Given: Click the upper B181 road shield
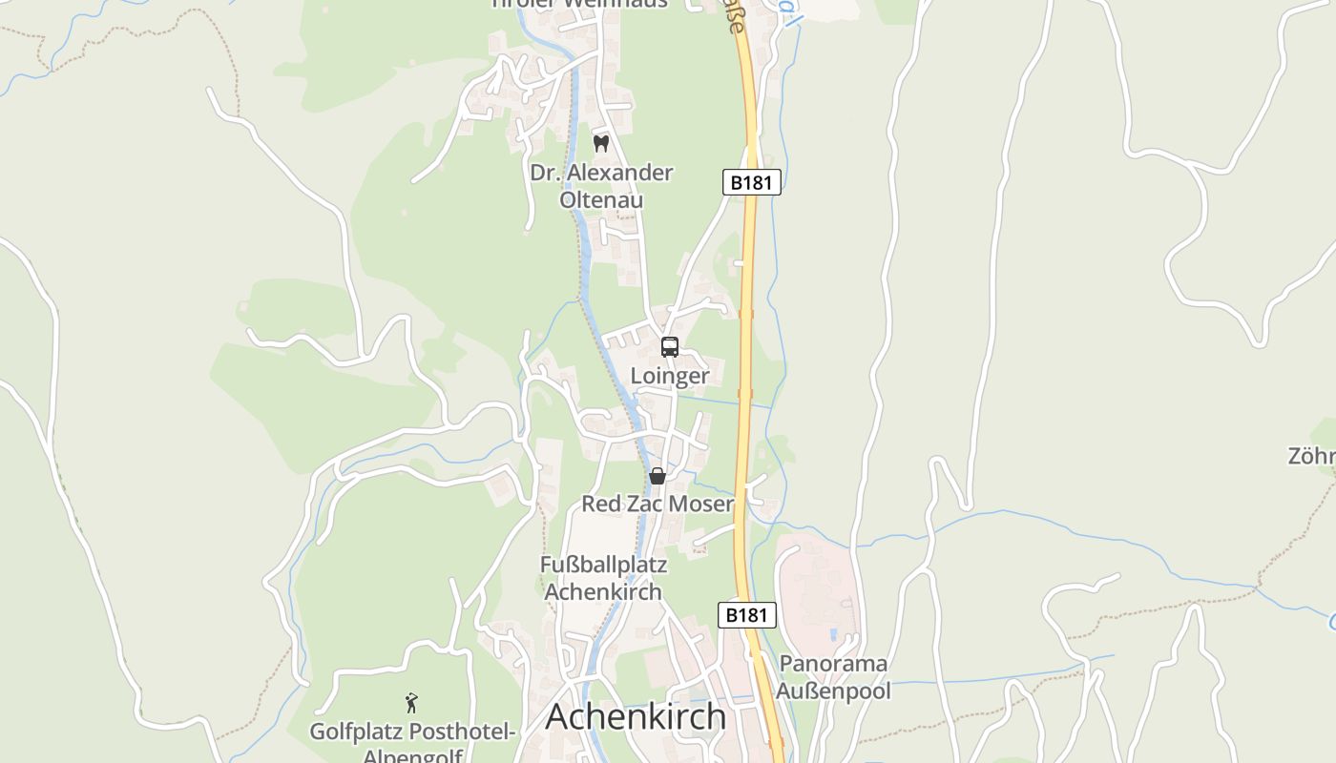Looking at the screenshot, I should coord(751,182).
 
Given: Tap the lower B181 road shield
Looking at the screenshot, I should coord(746,615).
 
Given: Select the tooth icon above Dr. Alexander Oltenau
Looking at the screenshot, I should coord(601,144).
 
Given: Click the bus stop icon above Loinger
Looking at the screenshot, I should coord(670,347).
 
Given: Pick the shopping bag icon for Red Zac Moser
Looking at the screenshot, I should coord(658,475).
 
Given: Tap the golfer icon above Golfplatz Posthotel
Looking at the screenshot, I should coord(411,704).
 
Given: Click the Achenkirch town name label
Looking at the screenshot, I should coord(636,717).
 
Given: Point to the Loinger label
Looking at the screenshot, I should coord(670,376).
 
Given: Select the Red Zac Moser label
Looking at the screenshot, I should coord(658,504).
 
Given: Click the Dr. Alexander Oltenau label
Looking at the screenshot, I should coord(601,186).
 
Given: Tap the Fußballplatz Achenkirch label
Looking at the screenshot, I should coord(603,578).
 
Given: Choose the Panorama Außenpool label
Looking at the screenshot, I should coord(834,677).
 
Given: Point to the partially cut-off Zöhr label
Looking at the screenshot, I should coord(1312,457).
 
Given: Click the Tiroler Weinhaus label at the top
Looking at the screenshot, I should coord(579,4).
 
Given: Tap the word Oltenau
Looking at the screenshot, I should coord(601,200).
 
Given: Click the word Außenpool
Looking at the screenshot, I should coord(834,691).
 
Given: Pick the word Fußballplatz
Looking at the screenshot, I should coord(603,565).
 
